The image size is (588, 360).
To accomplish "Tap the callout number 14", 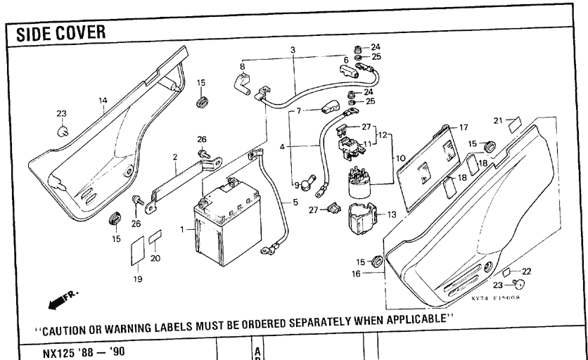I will (x=103, y=101).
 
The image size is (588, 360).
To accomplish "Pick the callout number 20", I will (x=155, y=258).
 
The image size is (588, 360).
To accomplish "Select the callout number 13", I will (x=392, y=213).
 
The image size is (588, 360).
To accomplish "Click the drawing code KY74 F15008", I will (x=496, y=299).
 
